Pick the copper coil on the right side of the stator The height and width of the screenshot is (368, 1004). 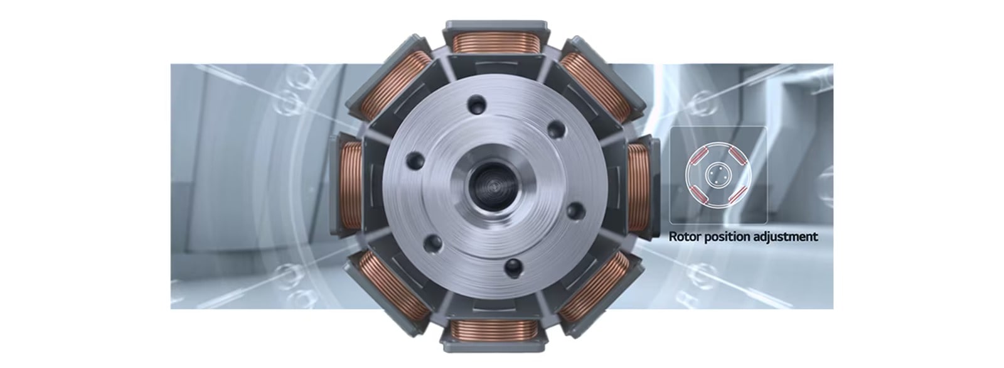[638, 186]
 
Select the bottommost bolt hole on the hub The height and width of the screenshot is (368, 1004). [513, 269]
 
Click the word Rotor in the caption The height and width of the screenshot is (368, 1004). [684, 237]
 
